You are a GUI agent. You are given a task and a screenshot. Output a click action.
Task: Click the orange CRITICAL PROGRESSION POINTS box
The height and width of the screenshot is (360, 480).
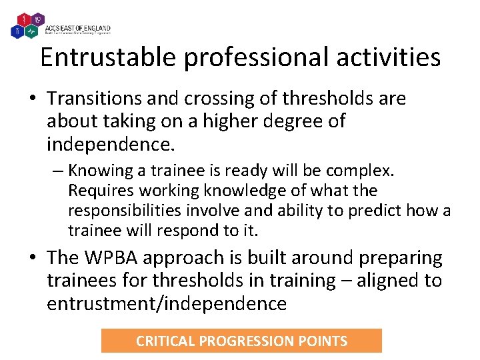pyautogui.click(x=241, y=341)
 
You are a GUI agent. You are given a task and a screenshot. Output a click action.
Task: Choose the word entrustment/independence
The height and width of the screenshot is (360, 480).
pyautogui.click(x=166, y=304)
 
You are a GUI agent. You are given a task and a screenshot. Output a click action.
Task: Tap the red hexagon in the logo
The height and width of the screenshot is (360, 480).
pyautogui.click(x=25, y=17)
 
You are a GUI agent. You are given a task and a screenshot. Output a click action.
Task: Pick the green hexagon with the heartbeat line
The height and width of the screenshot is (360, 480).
pyautogui.click(x=31, y=30)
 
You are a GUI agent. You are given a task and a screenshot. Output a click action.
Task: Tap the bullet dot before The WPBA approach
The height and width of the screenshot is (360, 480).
pyautogui.click(x=33, y=258)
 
